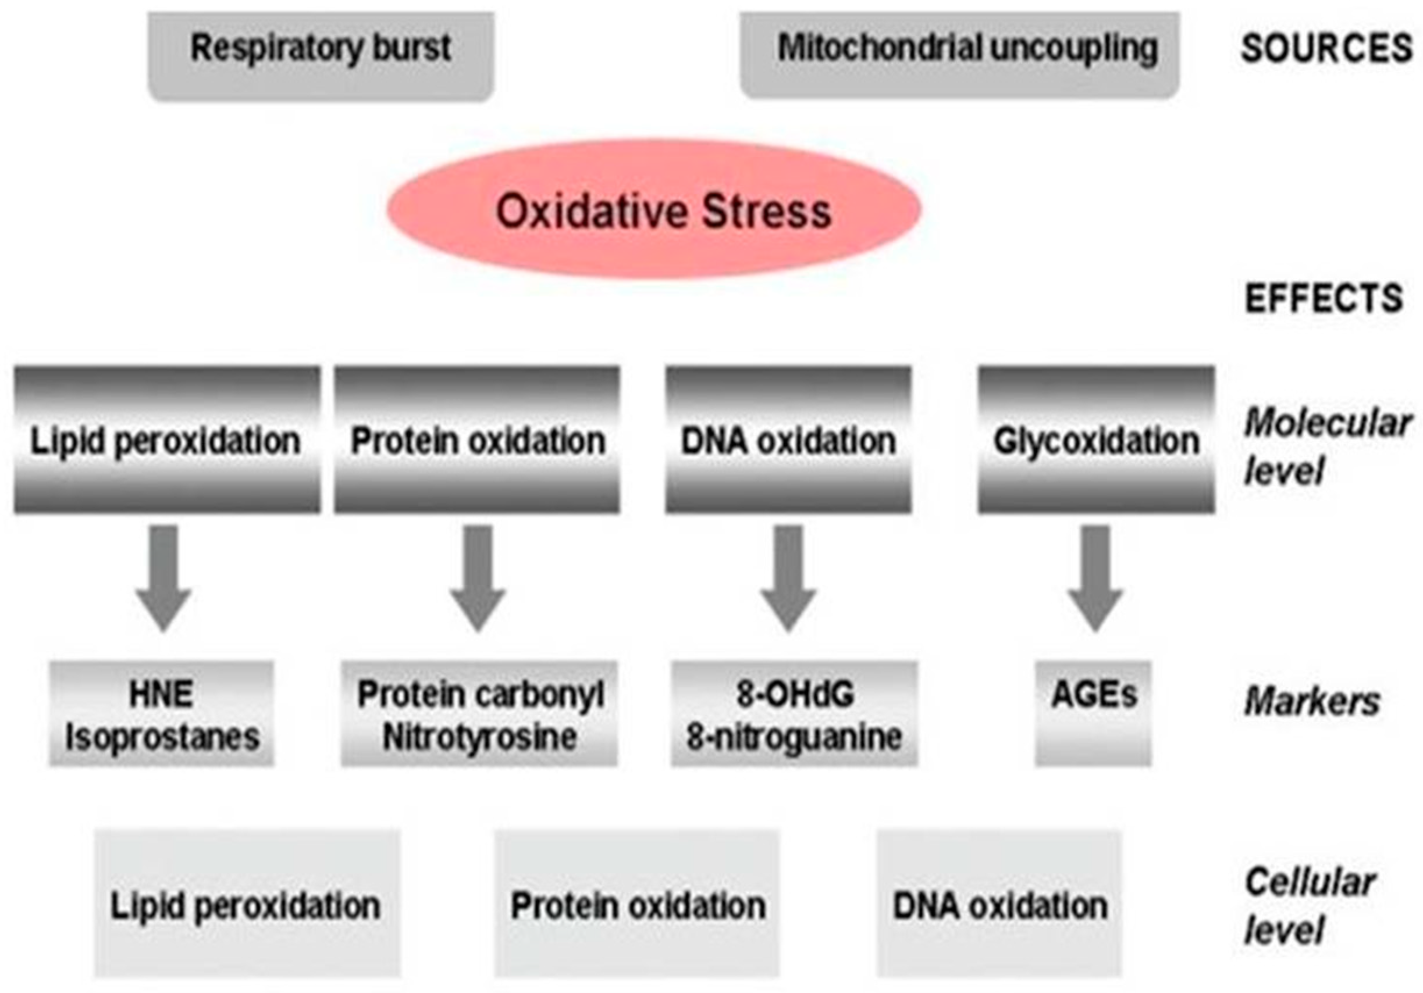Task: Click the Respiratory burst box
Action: tap(321, 56)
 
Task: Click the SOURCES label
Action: tap(1326, 48)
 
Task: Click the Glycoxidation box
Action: tap(1096, 440)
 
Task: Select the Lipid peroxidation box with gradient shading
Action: tap(167, 440)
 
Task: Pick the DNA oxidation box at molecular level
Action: tap(788, 440)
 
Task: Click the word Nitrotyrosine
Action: tap(479, 737)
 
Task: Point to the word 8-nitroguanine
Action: tap(794, 737)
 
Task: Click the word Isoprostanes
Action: tap(162, 737)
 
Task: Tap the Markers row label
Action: tap(1312, 702)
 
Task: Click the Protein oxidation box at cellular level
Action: tap(637, 905)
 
